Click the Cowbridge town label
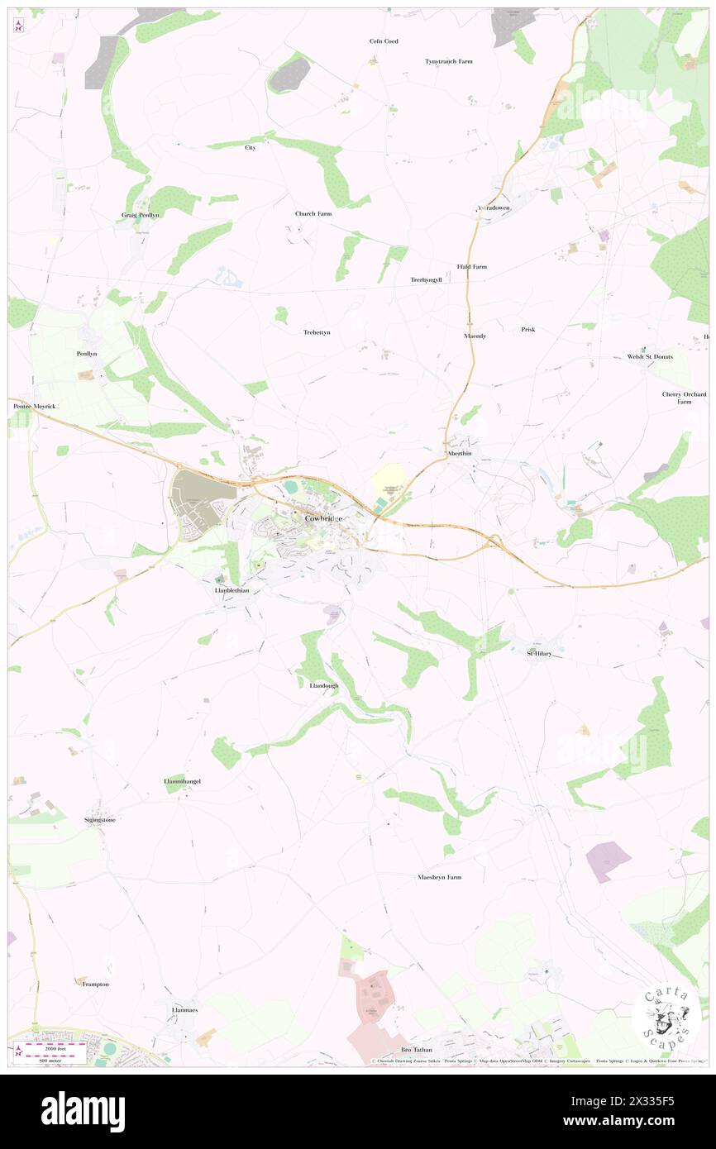point(323,518)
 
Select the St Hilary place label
point(540,653)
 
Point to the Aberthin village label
point(459,454)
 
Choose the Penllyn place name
point(87,353)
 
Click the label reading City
point(251,147)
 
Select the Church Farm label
point(313,213)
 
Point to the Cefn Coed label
point(384,41)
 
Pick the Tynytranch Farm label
point(449,61)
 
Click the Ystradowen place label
point(494,207)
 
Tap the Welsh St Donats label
point(649,356)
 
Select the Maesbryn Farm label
point(438,876)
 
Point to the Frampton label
point(95,984)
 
